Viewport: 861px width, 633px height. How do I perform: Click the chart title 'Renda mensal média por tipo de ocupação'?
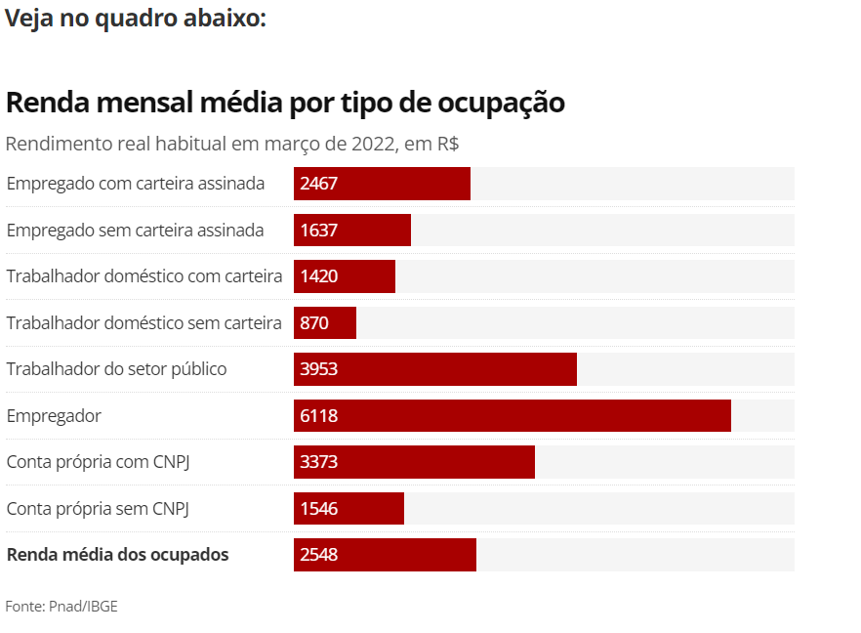point(285,103)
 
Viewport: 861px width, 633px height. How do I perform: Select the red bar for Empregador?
point(512,415)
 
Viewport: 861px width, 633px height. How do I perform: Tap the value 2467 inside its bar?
point(319,184)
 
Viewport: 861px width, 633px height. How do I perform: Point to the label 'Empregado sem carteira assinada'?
point(135,231)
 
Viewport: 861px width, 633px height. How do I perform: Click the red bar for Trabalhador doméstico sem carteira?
point(324,322)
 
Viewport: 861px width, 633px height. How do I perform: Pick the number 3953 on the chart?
point(319,369)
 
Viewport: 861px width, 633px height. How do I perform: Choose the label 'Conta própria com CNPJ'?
point(98,462)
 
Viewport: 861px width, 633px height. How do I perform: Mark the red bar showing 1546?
point(348,508)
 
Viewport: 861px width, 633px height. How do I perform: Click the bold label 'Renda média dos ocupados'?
point(117,555)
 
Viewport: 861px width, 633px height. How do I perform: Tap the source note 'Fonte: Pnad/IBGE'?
point(61,607)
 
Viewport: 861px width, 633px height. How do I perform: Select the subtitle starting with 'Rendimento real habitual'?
point(232,144)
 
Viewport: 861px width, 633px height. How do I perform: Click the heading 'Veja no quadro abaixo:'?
point(135,19)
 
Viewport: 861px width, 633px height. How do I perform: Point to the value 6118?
point(319,415)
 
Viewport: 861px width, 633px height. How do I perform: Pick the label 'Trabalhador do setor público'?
point(116,369)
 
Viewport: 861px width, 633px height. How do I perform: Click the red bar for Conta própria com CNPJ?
point(414,462)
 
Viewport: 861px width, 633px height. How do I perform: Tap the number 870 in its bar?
point(314,322)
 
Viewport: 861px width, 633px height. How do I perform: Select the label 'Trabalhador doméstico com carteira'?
point(144,276)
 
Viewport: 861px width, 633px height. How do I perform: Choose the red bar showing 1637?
point(351,231)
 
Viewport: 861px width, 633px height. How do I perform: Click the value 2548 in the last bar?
point(319,555)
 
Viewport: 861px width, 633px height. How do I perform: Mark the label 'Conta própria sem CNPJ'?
point(97,508)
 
